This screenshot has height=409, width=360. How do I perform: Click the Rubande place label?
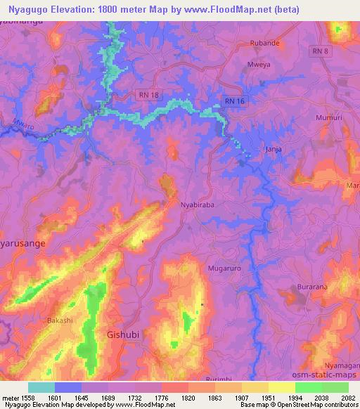tap(266, 43)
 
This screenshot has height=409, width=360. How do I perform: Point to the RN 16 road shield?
tap(234, 102)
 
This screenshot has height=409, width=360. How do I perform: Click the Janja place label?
tap(271, 150)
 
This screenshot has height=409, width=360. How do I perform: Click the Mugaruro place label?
tap(224, 268)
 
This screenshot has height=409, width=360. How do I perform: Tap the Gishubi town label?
tap(122, 335)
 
